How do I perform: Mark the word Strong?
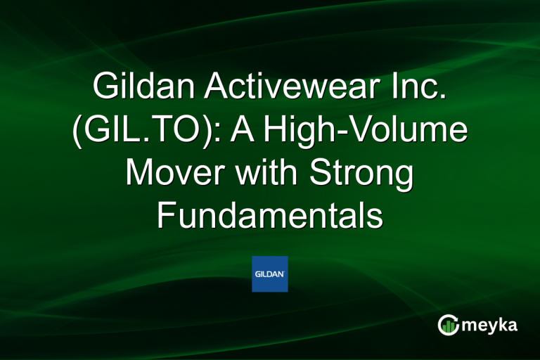pos(364,174)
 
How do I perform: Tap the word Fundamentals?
pos(270,215)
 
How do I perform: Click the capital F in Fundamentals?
pos(166,215)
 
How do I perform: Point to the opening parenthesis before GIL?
pos(78,132)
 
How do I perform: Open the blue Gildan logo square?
pos(270,274)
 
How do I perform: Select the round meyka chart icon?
pos(449,325)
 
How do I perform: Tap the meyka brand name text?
pos(492,326)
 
